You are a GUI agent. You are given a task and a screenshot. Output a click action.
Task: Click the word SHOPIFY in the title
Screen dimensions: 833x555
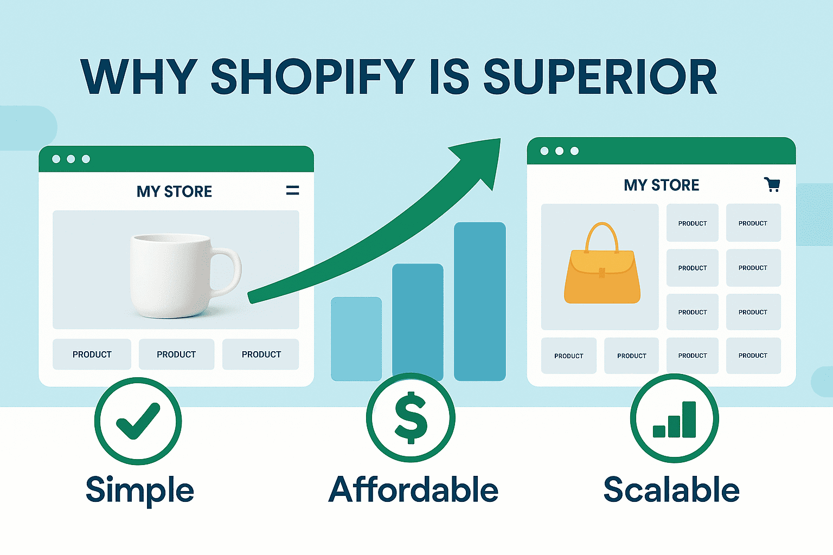312,77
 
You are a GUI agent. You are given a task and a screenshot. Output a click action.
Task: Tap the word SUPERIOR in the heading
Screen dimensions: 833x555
600,77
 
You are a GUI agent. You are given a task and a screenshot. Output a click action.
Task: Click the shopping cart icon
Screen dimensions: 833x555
772,184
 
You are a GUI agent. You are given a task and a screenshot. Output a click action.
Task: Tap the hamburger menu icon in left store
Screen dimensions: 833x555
293,190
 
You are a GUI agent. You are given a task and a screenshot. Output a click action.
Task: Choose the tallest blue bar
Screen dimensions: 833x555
480,301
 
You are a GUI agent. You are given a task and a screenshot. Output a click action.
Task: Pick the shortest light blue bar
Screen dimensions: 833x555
356,339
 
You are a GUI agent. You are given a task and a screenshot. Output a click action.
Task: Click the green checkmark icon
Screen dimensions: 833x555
138,421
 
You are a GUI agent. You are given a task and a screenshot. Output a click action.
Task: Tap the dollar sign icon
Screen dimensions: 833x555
411,417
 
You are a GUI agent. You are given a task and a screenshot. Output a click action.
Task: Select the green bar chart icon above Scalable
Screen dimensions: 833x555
674,420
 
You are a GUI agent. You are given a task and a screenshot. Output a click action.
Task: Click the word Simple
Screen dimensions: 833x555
140,491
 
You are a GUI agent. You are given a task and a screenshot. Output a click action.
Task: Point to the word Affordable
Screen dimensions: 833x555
413,489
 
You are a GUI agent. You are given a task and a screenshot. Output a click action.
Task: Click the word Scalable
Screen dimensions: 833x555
671,489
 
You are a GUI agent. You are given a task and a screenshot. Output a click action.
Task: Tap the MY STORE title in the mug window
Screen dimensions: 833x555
174,192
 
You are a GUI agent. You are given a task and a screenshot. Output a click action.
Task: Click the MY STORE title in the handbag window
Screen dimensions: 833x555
662,185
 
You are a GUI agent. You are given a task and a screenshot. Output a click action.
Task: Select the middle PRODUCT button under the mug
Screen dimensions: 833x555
176,354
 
